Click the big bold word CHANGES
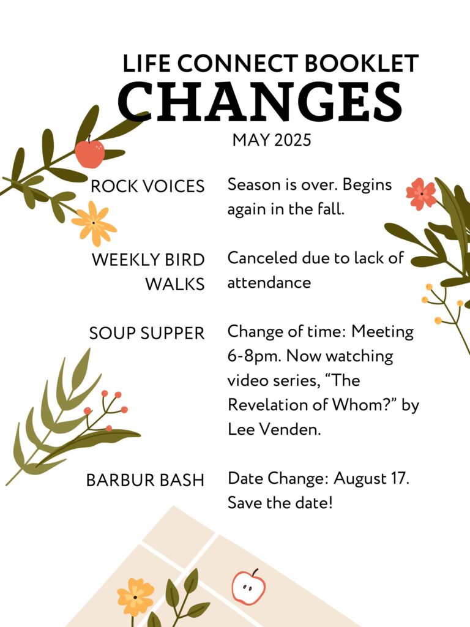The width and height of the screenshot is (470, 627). coord(260,102)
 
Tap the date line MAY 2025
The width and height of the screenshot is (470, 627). coord(272,140)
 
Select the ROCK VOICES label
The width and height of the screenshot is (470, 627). coord(147,186)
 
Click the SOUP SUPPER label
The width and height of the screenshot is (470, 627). coord(147,333)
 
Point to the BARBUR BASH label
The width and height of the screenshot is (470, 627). coord(145,480)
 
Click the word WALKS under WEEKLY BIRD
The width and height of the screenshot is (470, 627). coord(174,284)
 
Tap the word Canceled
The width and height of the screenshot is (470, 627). coord(262,258)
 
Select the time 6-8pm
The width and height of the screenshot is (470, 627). coord(254,356)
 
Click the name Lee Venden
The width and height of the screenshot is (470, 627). coord(274,429)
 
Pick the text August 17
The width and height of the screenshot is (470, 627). coord(371,479)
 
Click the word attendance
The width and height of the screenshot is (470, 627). coord(269,283)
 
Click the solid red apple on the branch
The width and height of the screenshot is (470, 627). coord(90,154)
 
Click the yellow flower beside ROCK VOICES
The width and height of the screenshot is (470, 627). coord(94,223)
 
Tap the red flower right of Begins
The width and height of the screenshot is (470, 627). coord(421,194)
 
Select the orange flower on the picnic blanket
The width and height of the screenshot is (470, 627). coord(135,597)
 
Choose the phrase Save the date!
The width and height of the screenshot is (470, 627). coord(280,503)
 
